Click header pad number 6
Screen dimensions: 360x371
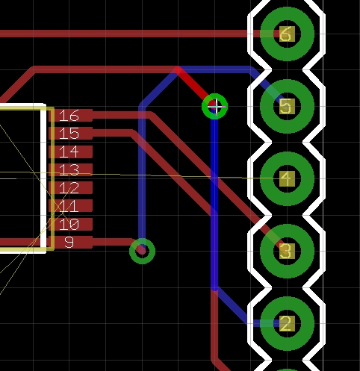coord(287,34)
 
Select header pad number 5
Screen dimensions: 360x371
coord(287,106)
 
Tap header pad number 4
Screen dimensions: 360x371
coord(287,178)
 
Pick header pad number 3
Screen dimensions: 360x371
coord(287,251)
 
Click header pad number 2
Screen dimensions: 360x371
coord(287,323)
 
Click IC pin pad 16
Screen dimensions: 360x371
coord(71,116)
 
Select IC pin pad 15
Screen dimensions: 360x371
coord(71,134)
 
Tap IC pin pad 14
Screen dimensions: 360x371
coord(71,152)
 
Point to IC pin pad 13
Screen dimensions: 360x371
coord(71,169)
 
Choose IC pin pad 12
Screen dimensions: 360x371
coord(71,188)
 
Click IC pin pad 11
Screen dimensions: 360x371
coord(71,206)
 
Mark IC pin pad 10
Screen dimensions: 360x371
coord(71,224)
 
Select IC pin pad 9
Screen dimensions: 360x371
coord(71,242)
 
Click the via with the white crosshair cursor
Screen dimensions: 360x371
coord(214,106)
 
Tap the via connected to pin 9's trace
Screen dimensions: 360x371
coord(142,251)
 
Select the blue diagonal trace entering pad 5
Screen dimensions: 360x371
coord(267,84)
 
